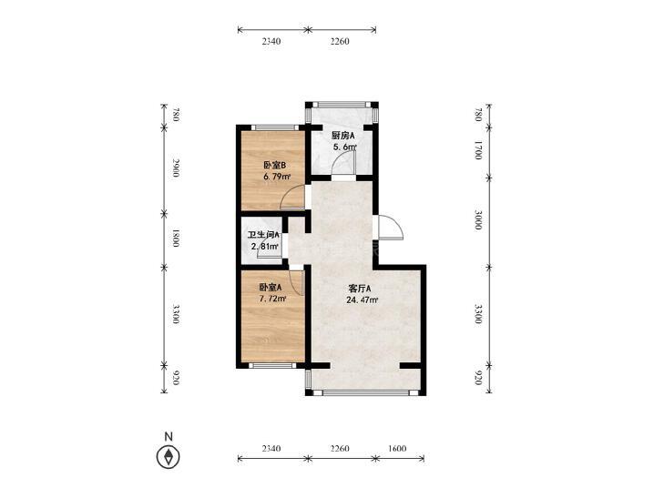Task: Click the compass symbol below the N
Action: (169, 457)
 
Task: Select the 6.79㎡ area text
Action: (277, 177)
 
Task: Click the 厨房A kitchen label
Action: (343, 136)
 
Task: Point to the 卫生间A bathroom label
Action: (263, 235)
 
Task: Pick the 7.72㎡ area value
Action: (272, 299)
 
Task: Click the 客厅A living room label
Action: (360, 289)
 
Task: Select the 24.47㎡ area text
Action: (363, 300)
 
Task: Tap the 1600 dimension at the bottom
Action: (397, 448)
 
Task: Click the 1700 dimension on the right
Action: (478, 150)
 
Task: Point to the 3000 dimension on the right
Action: (478, 220)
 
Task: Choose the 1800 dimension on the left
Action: (175, 239)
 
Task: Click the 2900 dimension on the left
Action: (175, 168)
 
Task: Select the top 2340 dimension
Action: (271, 42)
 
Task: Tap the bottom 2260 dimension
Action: (340, 448)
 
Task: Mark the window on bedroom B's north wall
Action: (274, 127)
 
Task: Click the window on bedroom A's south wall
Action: (271, 366)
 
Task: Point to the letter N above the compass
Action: (169, 436)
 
